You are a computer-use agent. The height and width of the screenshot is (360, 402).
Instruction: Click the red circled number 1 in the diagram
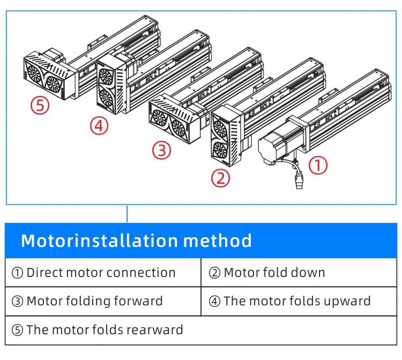pyautogui.click(x=318, y=166)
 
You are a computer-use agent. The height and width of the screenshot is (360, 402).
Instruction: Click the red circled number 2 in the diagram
pyautogui.click(x=220, y=178)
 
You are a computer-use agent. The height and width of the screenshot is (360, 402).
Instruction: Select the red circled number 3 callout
pyautogui.click(x=161, y=151)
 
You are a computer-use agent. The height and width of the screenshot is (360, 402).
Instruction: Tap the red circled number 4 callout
pyautogui.click(x=99, y=126)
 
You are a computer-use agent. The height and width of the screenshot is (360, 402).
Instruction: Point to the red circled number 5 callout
pyautogui.click(x=40, y=105)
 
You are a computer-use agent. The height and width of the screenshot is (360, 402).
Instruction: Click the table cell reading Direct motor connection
pyautogui.click(x=94, y=273)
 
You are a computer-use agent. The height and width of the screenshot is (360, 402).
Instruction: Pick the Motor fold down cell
pyautogui.click(x=267, y=273)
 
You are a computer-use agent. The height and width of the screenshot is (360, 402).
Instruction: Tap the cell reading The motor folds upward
pyautogui.click(x=290, y=301)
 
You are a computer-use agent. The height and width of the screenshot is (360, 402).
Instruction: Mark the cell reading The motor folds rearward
pyautogui.click(x=98, y=329)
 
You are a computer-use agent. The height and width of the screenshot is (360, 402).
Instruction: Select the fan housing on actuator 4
pyautogui.click(x=110, y=87)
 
